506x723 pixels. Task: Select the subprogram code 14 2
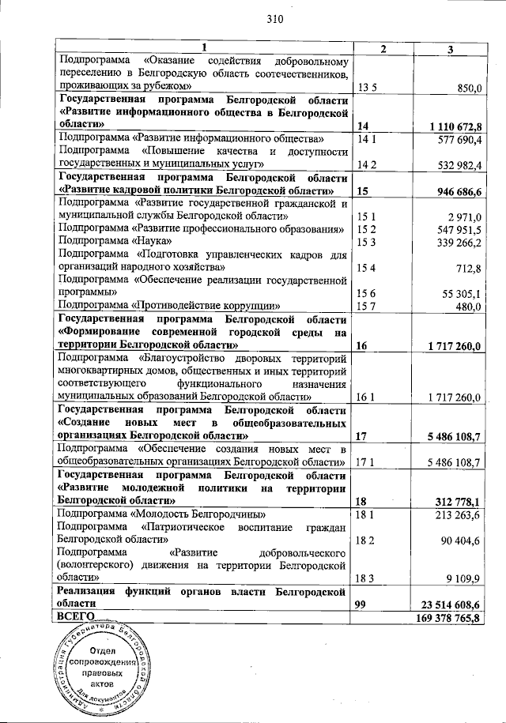[x=366, y=164]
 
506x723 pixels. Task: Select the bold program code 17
[x=363, y=436]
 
